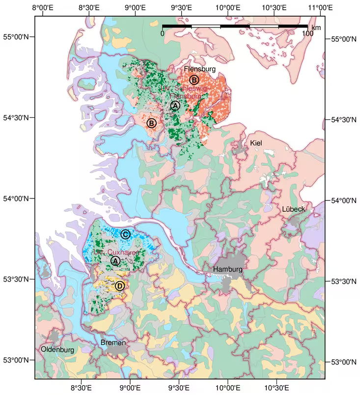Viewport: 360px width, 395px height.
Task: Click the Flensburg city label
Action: [199, 69]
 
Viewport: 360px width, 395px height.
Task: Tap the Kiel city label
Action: [256, 143]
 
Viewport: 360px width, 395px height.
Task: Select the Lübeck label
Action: [293, 209]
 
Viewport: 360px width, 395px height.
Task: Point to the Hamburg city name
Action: [227, 270]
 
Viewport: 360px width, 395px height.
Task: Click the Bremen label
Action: [113, 342]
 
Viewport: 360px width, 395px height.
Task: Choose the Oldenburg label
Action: [57, 350]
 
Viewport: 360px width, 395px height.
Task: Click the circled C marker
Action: [125, 234]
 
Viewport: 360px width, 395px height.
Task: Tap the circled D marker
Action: [120, 285]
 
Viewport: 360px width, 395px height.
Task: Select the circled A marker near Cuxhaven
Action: [115, 261]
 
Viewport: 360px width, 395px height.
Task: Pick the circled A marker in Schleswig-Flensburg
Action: [175, 105]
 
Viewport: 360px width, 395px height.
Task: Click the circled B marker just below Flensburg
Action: [194, 80]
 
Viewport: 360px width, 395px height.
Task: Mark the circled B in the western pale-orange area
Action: [151, 123]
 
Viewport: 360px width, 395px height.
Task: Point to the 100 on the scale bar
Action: [307, 34]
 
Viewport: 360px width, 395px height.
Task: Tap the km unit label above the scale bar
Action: [316, 28]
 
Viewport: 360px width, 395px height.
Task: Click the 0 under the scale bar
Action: [163, 34]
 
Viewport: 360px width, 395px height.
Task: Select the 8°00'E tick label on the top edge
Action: [43, 8]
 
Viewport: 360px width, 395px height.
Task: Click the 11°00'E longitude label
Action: [319, 8]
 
